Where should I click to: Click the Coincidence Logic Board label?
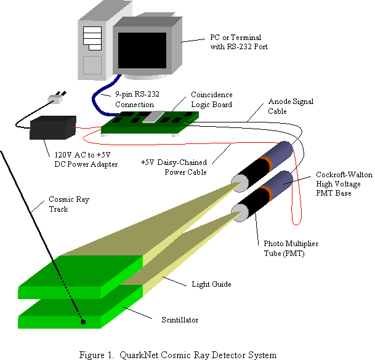point(219,100)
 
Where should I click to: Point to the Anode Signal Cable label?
point(291,106)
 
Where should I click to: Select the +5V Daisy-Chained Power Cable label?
point(172,167)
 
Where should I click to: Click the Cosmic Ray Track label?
point(78,205)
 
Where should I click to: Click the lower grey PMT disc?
point(239,213)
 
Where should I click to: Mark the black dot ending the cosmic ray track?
point(82,321)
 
